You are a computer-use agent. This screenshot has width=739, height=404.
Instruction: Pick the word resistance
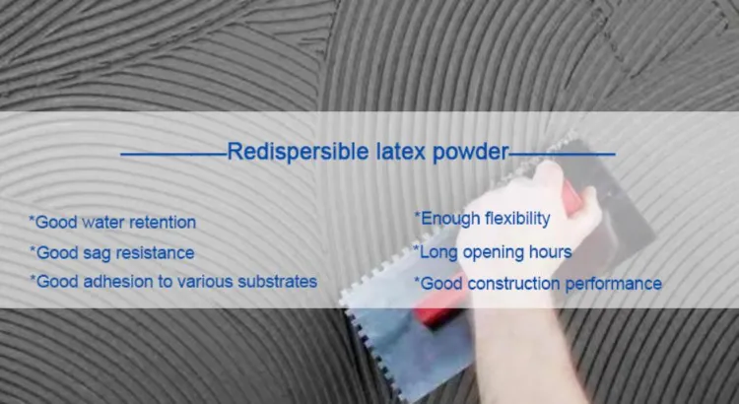156,253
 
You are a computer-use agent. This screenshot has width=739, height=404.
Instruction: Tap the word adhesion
121,282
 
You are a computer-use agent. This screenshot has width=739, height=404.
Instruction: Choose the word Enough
449,218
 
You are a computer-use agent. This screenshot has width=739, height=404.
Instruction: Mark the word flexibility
516,218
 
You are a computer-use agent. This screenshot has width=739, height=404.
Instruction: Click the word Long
438,252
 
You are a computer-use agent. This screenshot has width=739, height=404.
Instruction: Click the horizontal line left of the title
172,154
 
